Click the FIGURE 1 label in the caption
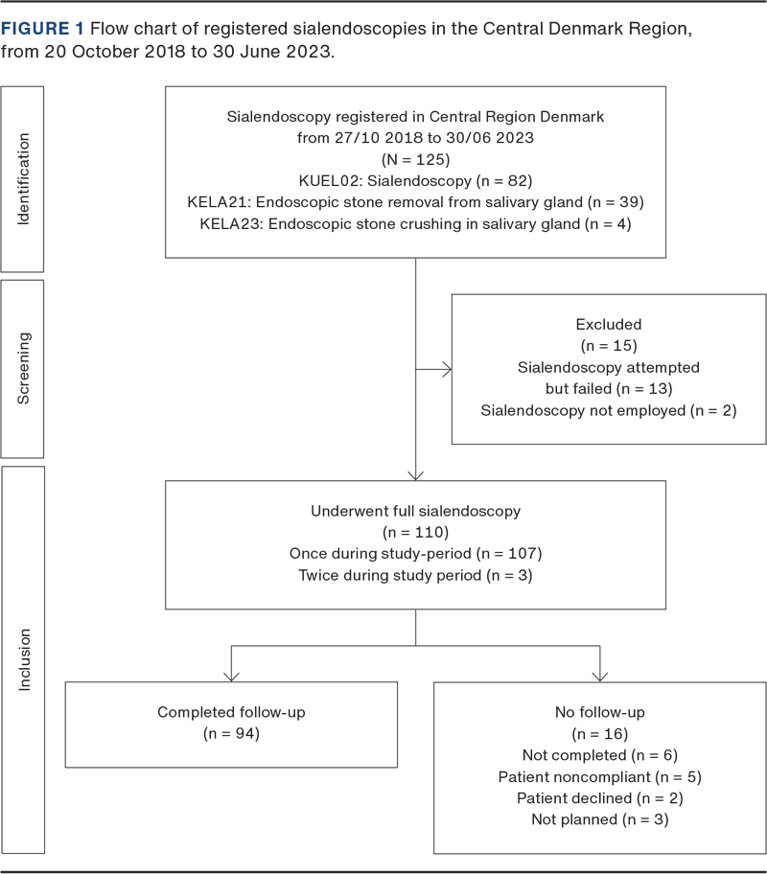[42, 29]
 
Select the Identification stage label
[24, 179]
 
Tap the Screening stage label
[24, 369]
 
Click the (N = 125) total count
[415, 159]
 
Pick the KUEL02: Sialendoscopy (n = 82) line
[415, 180]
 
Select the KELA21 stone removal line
[415, 202]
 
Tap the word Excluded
[608, 324]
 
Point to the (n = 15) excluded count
[608, 345]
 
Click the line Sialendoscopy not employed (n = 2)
[608, 410]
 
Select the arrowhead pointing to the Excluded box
[445, 367]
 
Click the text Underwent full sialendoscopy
[415, 511]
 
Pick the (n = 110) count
[415, 532]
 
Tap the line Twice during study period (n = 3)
[415, 575]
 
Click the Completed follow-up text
[231, 712]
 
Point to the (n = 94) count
[231, 734]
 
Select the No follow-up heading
[599, 712]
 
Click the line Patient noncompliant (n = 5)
[599, 777]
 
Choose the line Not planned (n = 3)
[599, 820]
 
